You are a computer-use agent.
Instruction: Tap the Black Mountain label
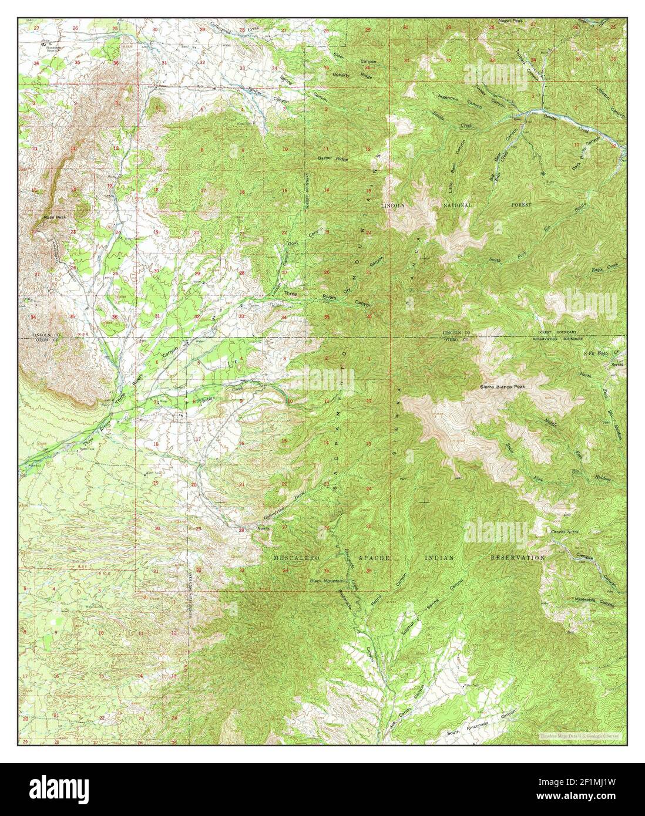(x=327, y=581)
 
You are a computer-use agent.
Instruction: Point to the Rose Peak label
(x=52, y=217)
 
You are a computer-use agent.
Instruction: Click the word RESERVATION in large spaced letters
(x=518, y=558)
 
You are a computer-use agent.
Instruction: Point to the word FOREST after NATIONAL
(x=521, y=205)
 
